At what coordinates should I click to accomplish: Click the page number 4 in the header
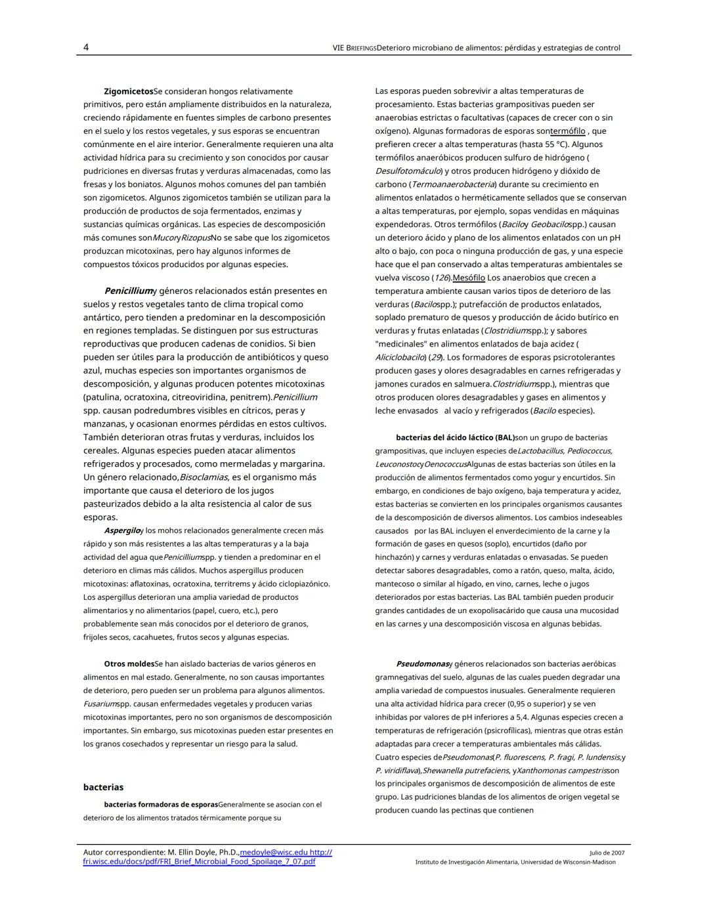click(x=86, y=47)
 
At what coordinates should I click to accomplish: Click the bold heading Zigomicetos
click(x=128, y=91)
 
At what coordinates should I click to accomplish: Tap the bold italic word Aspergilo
click(x=121, y=530)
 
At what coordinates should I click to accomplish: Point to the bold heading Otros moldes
click(x=129, y=664)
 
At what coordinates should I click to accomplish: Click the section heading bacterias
click(x=103, y=787)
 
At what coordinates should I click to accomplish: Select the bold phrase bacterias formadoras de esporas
click(x=161, y=804)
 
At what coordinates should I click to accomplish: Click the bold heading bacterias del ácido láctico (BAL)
click(x=454, y=437)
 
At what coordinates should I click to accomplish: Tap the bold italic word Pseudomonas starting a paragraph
click(x=422, y=664)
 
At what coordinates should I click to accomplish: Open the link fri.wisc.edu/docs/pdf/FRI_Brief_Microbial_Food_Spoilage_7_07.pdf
click(x=199, y=861)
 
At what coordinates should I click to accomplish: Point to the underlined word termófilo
click(x=568, y=131)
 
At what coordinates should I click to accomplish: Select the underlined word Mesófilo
click(x=469, y=278)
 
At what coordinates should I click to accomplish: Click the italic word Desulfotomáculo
click(x=408, y=171)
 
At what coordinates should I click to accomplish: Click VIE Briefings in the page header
click(x=354, y=48)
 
